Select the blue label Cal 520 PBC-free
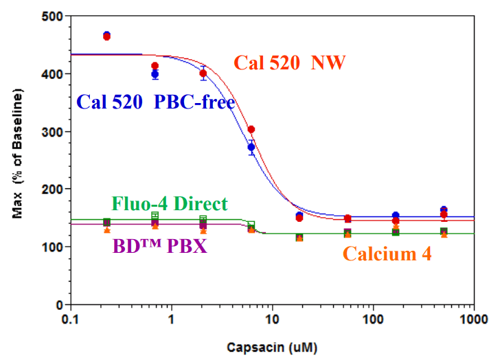(x=156, y=102)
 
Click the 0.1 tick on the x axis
(x=69, y=320)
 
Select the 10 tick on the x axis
(x=272, y=320)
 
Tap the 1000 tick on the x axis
(x=473, y=320)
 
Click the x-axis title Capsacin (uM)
(x=271, y=347)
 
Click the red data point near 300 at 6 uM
(x=251, y=129)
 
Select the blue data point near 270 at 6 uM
(x=251, y=147)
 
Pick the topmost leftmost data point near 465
(x=106, y=35)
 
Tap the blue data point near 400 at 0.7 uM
(x=155, y=74)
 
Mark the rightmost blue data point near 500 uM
(x=444, y=210)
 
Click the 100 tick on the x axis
(x=372, y=320)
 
